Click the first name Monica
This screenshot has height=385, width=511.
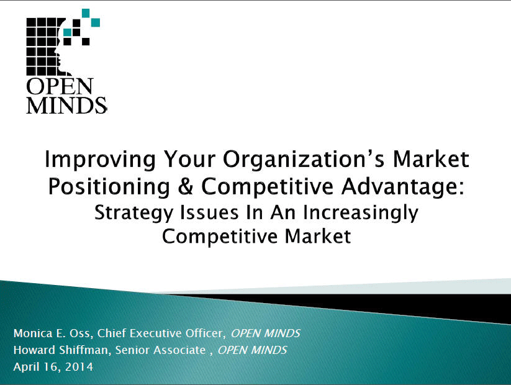[x=32, y=333]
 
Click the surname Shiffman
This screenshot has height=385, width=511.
[x=82, y=350]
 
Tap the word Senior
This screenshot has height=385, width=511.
[x=129, y=350]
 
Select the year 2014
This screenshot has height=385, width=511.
[x=79, y=366]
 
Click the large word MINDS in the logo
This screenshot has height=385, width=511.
[x=66, y=104]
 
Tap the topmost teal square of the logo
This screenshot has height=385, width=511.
[x=86, y=12]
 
